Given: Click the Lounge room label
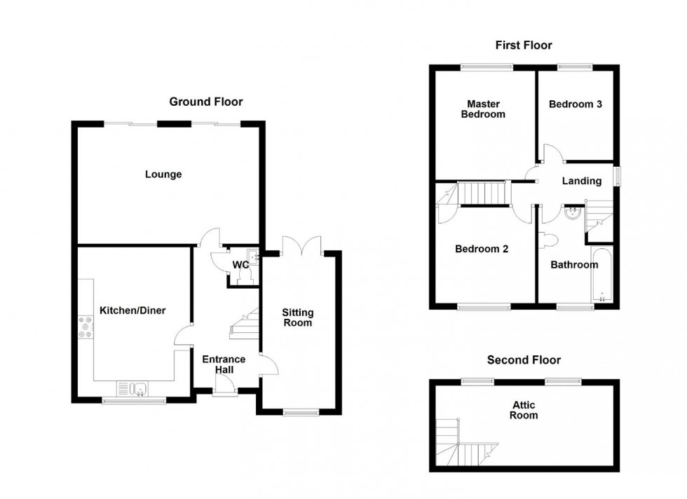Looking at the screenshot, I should (x=163, y=175).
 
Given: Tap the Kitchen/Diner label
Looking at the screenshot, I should (x=132, y=310).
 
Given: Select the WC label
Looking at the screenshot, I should (x=240, y=265).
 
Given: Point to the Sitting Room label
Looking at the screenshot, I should (x=298, y=317).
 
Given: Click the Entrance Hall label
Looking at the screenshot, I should (x=224, y=364).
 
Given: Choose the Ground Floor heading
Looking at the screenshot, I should (x=206, y=102).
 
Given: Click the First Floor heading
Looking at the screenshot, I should (x=524, y=46).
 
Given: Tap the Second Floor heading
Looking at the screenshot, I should (x=524, y=360).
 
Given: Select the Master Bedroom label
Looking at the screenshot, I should (x=483, y=109).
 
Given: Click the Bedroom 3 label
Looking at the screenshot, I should (x=575, y=104).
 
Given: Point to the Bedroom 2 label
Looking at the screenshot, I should (x=482, y=249).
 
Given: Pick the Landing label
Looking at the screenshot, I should (x=582, y=181).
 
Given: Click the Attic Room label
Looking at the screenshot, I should (x=524, y=409).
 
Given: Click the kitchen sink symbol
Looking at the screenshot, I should (x=134, y=388).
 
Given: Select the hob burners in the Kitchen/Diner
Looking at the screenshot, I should (x=87, y=328).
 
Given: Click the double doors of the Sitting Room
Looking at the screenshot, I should (x=301, y=245).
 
